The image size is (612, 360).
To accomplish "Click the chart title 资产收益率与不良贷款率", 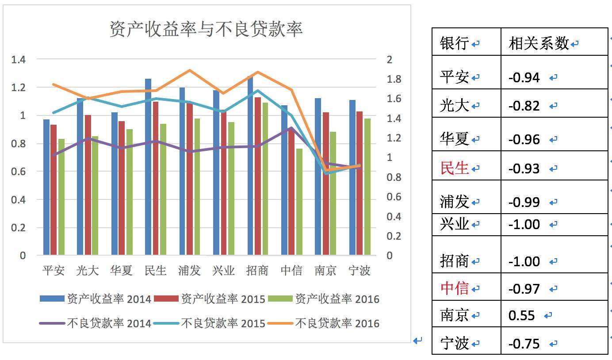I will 206,29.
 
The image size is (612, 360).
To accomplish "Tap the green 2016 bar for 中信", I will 299,202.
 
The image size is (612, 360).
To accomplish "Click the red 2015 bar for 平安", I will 54,190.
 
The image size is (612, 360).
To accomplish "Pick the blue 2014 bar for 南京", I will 317,176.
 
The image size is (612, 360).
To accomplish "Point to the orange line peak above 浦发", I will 190,70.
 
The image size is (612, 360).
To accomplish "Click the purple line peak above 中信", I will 291,128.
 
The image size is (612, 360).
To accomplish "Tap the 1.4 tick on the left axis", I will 19,59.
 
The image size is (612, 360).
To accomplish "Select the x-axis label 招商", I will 257,270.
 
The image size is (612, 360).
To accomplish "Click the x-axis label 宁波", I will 359,270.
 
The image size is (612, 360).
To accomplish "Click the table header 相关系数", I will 539,43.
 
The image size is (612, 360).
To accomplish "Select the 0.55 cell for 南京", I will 522,315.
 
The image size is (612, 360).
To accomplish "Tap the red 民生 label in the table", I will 454,168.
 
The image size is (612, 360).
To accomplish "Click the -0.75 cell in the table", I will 524,343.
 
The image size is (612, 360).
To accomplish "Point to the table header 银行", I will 454,43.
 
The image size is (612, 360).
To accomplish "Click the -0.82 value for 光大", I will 524,106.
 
